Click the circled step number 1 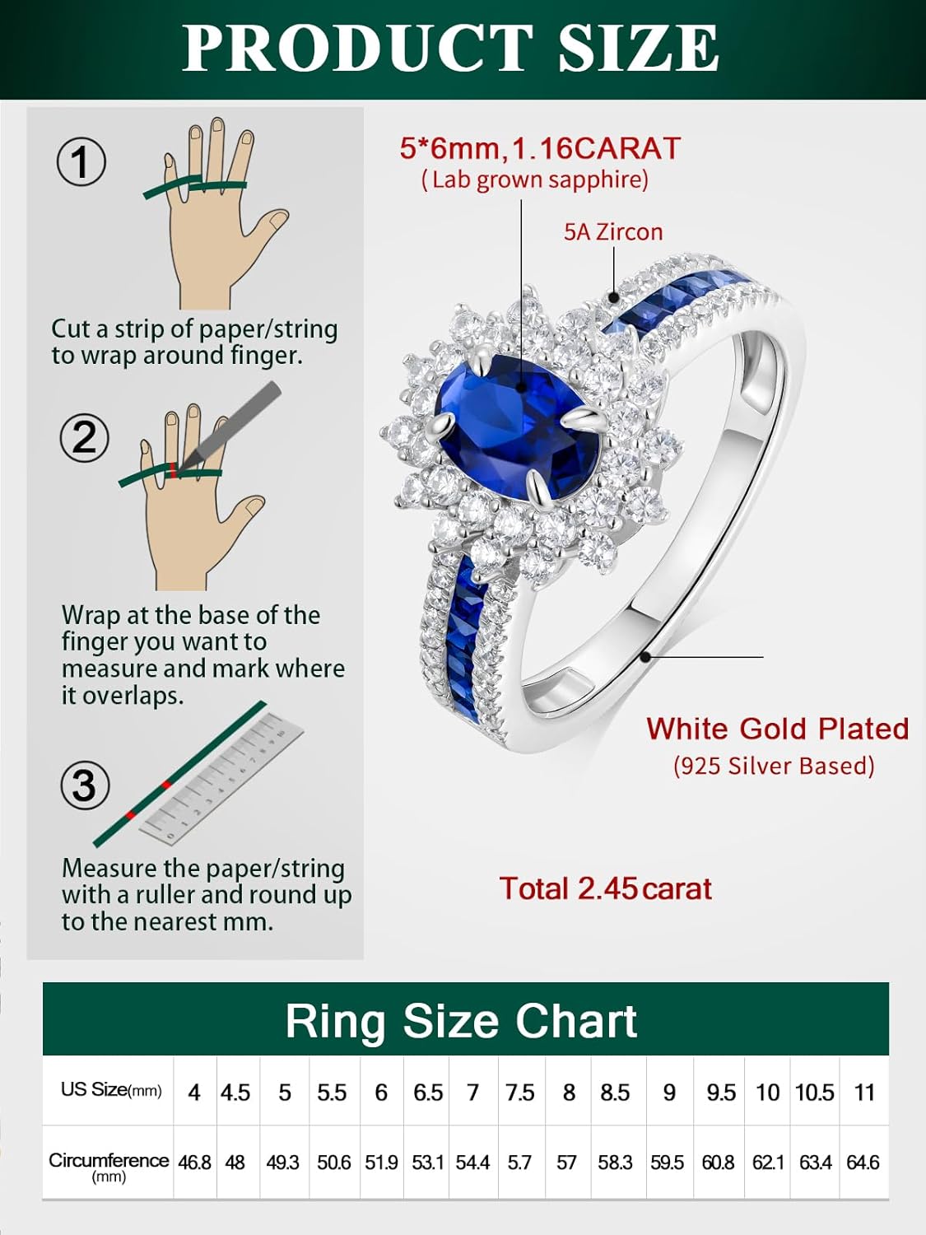click(81, 162)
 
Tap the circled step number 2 click(84, 437)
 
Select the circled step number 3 click(85, 785)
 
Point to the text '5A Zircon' click(613, 232)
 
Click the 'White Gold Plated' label click(777, 729)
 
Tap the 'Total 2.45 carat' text click(605, 889)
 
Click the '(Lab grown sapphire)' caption click(535, 179)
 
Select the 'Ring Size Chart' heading click(461, 1021)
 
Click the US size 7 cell click(472, 1093)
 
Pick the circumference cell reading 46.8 click(194, 1163)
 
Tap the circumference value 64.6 click(863, 1163)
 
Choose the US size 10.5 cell click(814, 1093)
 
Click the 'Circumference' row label click(109, 1162)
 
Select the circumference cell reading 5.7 click(519, 1163)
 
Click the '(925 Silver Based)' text click(774, 766)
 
